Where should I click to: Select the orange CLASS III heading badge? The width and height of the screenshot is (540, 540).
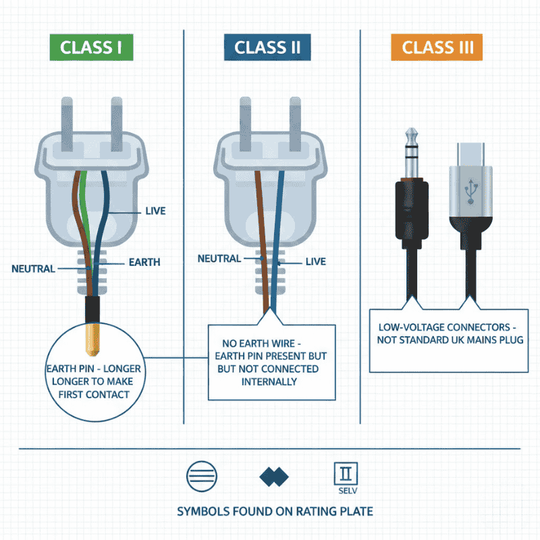436,48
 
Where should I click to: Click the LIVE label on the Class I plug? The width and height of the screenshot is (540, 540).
155,211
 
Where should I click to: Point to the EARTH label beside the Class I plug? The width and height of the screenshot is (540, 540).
144,262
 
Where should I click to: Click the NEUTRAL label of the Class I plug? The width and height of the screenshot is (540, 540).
33,269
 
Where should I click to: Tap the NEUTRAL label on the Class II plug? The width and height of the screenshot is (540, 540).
219,259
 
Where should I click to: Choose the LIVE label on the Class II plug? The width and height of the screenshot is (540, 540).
316,261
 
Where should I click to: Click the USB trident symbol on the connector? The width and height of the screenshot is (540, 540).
470,190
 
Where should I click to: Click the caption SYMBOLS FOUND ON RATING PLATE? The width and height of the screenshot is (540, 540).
275,511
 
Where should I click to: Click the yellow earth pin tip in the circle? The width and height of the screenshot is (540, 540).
92,342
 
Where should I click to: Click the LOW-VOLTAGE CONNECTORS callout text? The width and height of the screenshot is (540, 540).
448,333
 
